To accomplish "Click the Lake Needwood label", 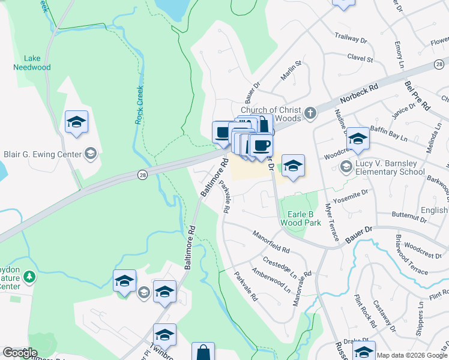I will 32,63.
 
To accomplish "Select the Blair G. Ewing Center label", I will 43,154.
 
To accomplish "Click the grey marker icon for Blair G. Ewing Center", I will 91,154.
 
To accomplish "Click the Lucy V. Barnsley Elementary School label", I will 399,167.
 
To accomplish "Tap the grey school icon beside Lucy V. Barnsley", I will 346,166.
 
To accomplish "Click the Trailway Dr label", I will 351,38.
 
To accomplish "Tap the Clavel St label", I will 360,58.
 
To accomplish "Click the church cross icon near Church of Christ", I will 310,113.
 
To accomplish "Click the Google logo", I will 20,353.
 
